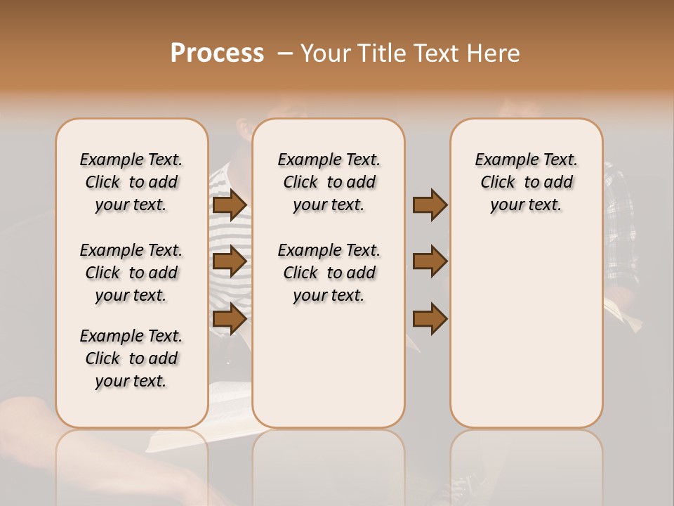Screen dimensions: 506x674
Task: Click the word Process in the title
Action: (x=217, y=53)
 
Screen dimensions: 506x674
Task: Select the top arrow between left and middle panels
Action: (x=230, y=205)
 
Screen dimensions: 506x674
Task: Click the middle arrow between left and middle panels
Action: (x=230, y=261)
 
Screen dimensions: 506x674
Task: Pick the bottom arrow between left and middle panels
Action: (x=230, y=318)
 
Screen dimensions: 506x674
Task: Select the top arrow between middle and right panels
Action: (x=430, y=205)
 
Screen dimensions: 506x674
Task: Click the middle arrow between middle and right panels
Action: (x=430, y=261)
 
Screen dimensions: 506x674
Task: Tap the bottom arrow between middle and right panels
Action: (x=430, y=318)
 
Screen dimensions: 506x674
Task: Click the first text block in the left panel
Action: (x=131, y=182)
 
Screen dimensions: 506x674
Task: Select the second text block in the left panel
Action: (x=131, y=273)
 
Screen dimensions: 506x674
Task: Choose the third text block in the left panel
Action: (x=131, y=358)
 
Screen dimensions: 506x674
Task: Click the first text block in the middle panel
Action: (x=329, y=182)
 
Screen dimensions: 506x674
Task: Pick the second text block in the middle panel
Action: (x=329, y=273)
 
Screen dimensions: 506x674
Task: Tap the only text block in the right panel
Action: (x=527, y=182)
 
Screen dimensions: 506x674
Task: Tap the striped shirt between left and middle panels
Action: (x=230, y=232)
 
